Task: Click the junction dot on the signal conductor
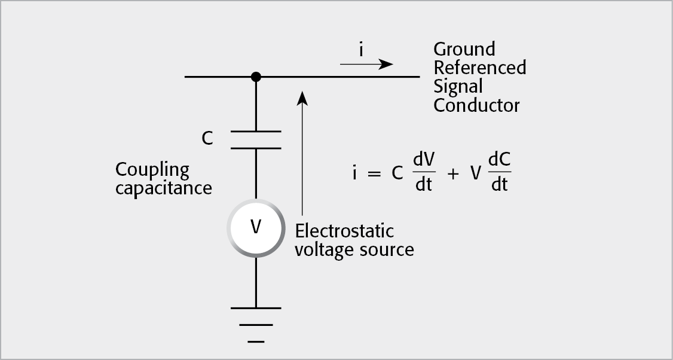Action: click(256, 77)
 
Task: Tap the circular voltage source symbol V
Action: click(256, 228)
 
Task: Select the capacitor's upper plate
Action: click(256, 131)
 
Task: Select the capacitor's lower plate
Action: click(256, 148)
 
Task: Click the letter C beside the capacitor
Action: click(207, 139)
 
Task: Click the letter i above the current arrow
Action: click(361, 50)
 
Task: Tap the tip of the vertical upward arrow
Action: click(303, 94)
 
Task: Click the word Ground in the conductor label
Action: click(464, 49)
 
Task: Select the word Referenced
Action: click(479, 68)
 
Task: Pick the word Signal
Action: click(458, 87)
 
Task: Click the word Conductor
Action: click(476, 106)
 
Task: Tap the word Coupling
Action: click(152, 170)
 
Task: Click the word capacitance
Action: click(163, 188)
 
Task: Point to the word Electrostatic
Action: click(345, 230)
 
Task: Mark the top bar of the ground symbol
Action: click(256, 308)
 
